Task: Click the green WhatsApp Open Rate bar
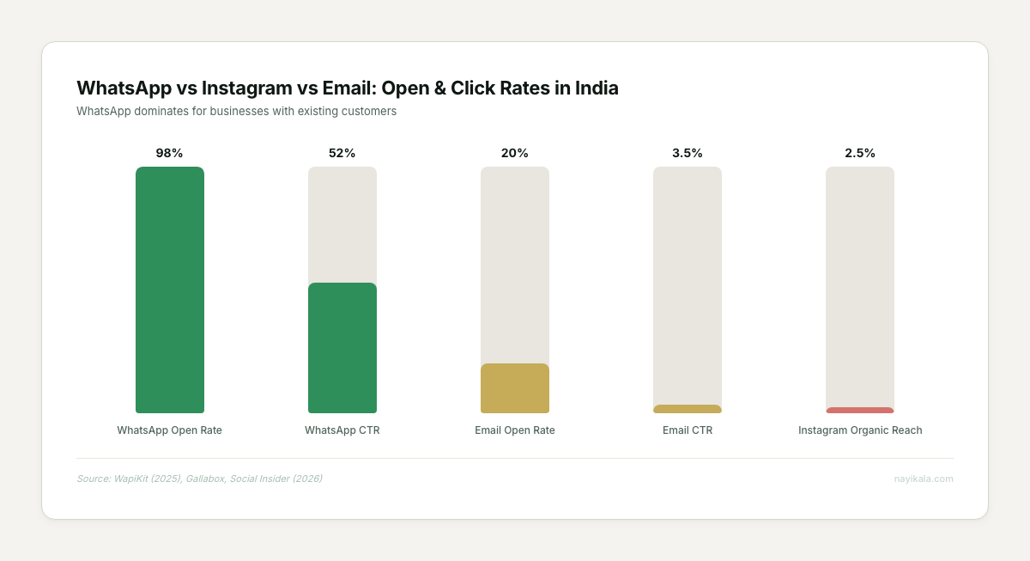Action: pos(169,290)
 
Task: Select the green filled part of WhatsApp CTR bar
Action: pos(342,348)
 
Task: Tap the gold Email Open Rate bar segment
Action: pos(514,388)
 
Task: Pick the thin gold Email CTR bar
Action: pos(687,409)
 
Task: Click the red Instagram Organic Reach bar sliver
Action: pos(859,411)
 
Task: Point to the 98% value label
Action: pos(169,153)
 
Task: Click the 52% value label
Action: pos(342,153)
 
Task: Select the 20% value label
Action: pos(514,153)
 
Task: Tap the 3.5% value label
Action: pos(687,153)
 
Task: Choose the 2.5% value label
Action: pos(859,153)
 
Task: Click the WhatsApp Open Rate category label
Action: pos(169,430)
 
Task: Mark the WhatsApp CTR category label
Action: pos(342,430)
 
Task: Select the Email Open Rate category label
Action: pos(514,430)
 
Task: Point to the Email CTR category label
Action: pos(687,430)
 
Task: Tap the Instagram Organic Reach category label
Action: pos(859,430)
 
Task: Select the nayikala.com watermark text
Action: pos(924,479)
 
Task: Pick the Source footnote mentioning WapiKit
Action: pos(199,479)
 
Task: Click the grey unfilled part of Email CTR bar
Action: pos(687,284)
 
